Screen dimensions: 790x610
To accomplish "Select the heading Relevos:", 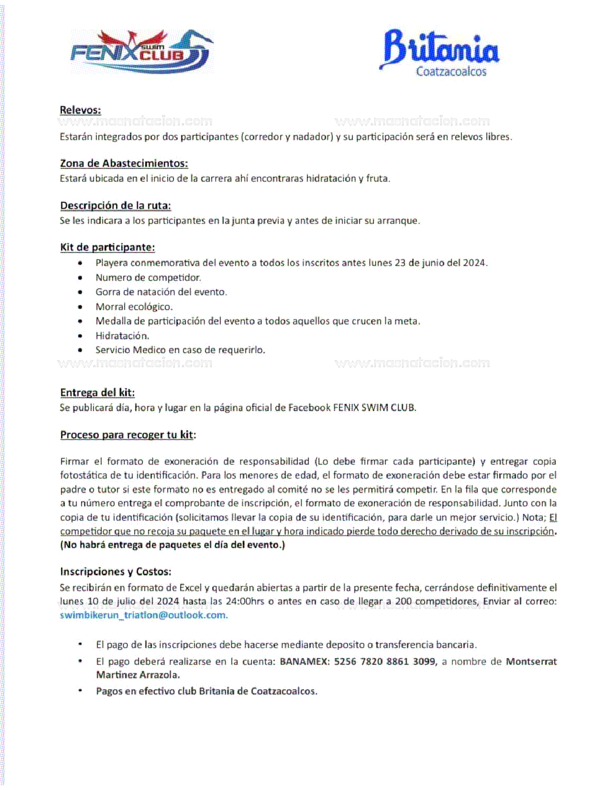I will [80, 110].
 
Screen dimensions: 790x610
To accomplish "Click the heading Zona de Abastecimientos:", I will [124, 164].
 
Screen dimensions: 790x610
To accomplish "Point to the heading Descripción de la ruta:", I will [115, 206].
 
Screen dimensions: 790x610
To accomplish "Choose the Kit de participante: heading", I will [107, 248].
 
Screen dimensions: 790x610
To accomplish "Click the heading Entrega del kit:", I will [97, 393].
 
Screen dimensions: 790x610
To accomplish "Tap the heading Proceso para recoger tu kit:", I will [128, 435].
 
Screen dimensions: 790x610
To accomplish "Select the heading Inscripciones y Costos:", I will [115, 572].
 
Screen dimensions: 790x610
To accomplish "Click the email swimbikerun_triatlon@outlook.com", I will [144, 615].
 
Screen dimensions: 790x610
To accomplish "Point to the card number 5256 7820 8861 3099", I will [385, 662].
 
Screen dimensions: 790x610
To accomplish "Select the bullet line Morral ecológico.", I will [134, 307].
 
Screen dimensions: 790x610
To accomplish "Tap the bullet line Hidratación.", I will [122, 336].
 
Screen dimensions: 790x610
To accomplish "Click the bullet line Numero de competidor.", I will [148, 278].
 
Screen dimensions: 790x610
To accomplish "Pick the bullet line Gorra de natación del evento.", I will [161, 292].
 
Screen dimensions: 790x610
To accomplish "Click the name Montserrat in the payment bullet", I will [531, 662].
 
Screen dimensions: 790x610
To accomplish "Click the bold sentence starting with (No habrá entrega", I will [172, 545].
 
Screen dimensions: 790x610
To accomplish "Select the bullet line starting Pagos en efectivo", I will [206, 691].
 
